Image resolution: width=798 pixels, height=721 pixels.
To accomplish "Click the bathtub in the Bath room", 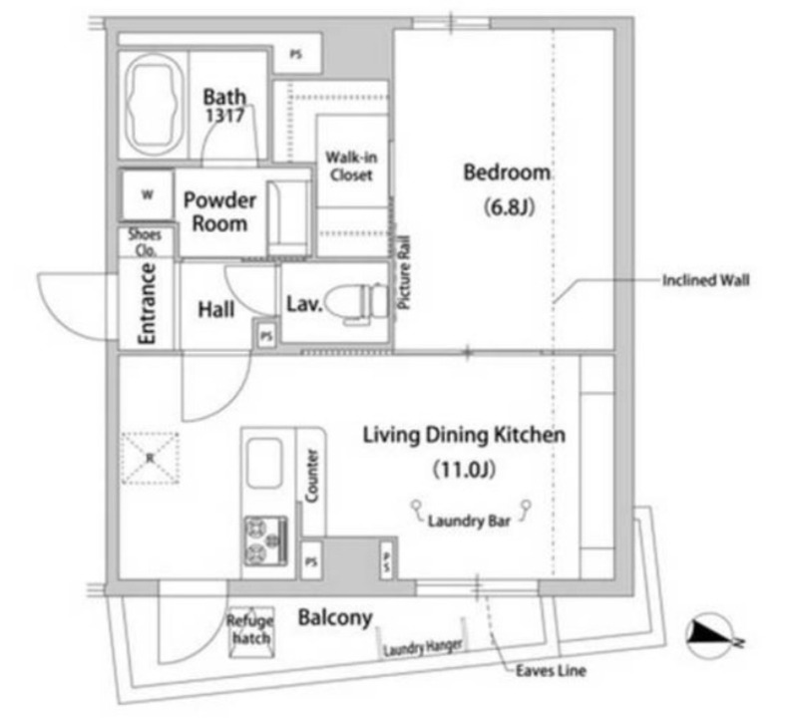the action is (x=155, y=104).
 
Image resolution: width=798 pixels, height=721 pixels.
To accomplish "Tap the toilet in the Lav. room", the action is (x=355, y=303).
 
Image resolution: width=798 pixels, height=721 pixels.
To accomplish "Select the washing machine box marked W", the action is (x=147, y=195).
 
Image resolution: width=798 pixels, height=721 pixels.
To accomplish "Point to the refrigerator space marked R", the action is (x=151, y=459).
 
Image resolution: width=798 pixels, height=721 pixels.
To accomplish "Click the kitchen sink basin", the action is (x=264, y=463).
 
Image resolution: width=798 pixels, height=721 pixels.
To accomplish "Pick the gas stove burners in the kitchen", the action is (x=265, y=541).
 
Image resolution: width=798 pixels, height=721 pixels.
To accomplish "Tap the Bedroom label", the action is (x=507, y=173).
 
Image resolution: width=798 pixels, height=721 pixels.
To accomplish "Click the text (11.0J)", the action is (x=464, y=469).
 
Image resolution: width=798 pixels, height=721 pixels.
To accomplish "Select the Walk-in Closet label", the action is (x=351, y=166).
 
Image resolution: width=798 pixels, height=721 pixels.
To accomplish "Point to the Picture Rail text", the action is (x=404, y=272).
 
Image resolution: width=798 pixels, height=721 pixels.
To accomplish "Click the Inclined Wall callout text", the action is (x=705, y=280).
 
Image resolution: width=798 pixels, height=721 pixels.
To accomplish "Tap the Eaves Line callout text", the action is (x=551, y=670).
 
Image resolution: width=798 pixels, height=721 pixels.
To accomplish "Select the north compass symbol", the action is (x=711, y=636).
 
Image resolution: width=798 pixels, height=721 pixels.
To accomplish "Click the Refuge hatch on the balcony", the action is (x=250, y=631).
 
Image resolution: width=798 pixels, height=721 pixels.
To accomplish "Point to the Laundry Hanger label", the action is (x=422, y=647).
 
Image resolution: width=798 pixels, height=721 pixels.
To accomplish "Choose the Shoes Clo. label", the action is (x=145, y=242).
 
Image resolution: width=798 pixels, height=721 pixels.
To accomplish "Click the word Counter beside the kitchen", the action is (x=311, y=476).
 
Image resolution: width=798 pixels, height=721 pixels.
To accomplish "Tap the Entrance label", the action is (x=147, y=304).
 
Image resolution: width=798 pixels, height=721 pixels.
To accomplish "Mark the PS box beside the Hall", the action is (x=266, y=335).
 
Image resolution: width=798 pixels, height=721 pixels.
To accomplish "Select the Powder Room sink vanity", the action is (x=287, y=217).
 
